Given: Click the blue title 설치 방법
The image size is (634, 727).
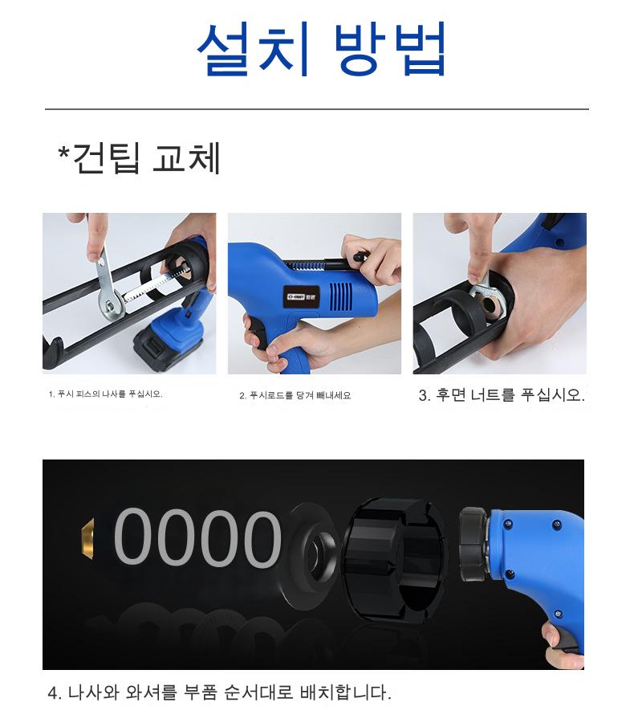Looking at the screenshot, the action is click(321, 49).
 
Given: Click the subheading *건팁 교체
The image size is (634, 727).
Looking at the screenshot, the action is click(139, 158).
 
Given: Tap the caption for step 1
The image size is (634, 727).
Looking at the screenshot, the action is click(105, 394).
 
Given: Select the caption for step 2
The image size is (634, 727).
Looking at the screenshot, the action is click(295, 395).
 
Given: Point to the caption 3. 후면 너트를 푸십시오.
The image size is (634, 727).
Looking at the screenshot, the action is click(502, 395).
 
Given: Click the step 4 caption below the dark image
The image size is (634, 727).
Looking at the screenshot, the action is click(220, 692).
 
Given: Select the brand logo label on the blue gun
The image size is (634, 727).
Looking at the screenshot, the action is click(302, 296).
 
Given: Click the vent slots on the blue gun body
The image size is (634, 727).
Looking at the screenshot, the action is click(340, 296).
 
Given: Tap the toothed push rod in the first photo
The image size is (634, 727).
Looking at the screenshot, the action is click(152, 283).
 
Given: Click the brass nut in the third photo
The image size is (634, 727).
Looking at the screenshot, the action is click(490, 304).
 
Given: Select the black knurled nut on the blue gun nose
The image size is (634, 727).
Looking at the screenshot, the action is click(473, 543).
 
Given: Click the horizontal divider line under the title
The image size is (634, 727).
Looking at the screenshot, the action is click(317, 109).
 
